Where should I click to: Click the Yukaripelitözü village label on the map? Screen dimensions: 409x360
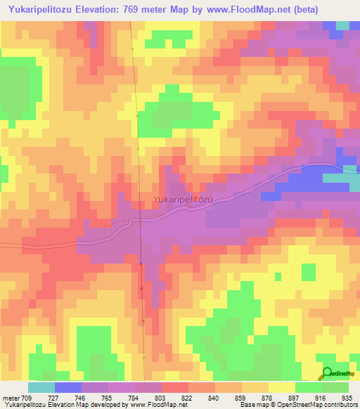point(183,200)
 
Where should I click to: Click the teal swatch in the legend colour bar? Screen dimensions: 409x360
point(41,387)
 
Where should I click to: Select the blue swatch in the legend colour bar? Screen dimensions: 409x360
point(68,387)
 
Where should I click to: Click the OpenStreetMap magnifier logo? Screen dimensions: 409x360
point(326,372)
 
